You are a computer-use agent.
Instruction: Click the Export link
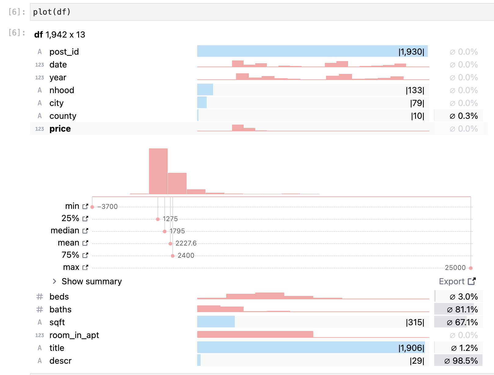(x=457, y=281)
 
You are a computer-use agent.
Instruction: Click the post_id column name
(x=64, y=52)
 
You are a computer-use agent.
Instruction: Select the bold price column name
(x=60, y=129)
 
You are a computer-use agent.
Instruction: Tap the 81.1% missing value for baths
(x=463, y=309)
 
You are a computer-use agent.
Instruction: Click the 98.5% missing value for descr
(x=461, y=361)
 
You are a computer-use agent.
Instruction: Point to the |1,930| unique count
(x=411, y=52)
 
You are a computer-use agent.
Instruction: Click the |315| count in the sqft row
(x=415, y=322)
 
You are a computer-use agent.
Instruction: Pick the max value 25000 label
(x=455, y=268)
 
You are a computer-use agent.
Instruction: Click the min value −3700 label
(x=107, y=207)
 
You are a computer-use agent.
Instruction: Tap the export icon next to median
(x=85, y=231)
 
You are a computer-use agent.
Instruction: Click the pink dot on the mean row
(x=170, y=244)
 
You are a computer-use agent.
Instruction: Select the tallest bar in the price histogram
(x=158, y=171)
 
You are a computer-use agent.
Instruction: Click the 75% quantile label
(x=70, y=255)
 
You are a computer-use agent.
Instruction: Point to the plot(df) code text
(x=52, y=12)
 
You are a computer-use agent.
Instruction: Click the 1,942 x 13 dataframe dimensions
(x=65, y=35)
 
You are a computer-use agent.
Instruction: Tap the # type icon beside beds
(x=40, y=297)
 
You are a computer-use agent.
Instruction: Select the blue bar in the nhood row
(x=205, y=90)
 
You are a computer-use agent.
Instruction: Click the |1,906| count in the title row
(x=411, y=348)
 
